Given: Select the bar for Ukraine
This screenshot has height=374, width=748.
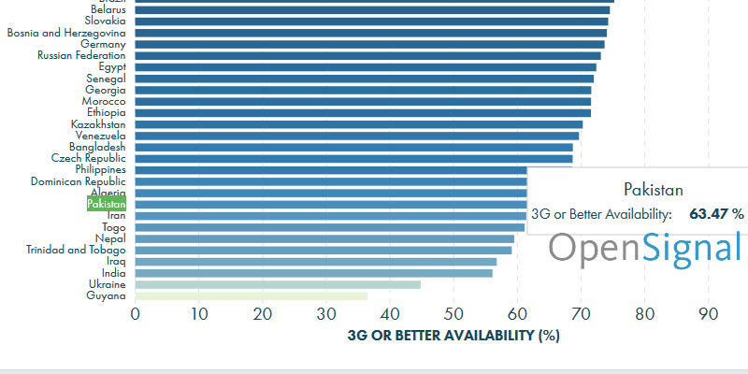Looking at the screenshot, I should [x=278, y=284].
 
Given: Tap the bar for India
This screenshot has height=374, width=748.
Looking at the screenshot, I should [x=313, y=273].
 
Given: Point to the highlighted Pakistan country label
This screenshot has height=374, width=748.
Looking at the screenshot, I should [x=107, y=204].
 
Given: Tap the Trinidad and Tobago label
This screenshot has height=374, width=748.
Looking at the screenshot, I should [x=75, y=250].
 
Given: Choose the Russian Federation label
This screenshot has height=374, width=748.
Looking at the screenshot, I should [x=81, y=55].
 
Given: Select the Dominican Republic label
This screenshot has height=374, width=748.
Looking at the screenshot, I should [x=79, y=181].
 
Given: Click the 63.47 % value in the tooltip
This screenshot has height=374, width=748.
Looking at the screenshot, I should [x=716, y=214].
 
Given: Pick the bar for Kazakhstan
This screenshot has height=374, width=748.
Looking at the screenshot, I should [x=359, y=124].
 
